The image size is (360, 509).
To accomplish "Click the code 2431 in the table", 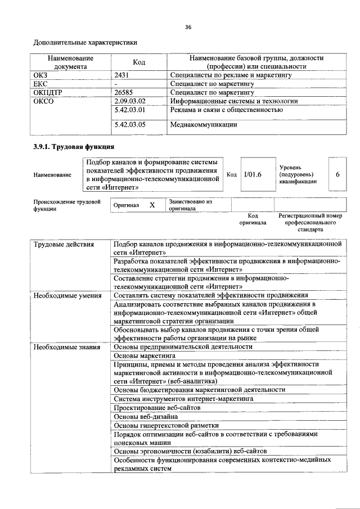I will pos(122,74).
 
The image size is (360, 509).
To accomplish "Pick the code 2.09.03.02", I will pos(130,101).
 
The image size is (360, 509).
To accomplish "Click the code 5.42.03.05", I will pos(130,124).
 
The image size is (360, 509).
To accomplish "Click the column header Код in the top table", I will pos(139,62).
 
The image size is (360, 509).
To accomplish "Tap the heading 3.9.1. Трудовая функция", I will pos(69,148).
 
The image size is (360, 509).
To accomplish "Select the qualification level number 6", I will pos(337,175).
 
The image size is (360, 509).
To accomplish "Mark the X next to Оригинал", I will pos(152,205).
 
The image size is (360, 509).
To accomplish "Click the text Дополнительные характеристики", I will pos(85,42).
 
